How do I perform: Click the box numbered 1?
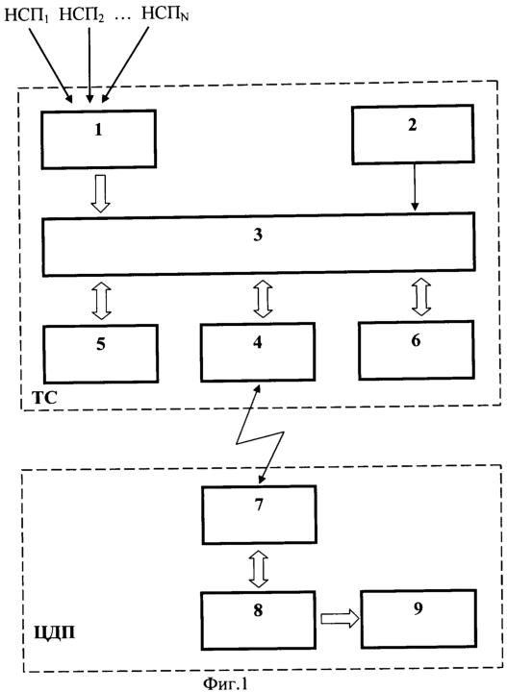click(99, 139)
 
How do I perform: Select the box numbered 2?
click(413, 135)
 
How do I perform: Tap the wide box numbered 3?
click(259, 244)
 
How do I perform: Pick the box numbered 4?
click(258, 352)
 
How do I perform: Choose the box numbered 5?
click(101, 354)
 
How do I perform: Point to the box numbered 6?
click(417, 350)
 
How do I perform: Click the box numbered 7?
click(259, 514)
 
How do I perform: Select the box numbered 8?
click(259, 621)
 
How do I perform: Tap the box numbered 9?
click(418, 619)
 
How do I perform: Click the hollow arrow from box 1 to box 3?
click(101, 194)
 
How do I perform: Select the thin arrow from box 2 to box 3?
click(415, 187)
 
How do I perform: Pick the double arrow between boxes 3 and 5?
click(101, 301)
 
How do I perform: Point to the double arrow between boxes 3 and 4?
click(263, 299)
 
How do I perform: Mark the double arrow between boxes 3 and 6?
click(421, 297)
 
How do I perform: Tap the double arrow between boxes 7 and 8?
click(259, 568)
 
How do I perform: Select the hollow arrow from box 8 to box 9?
click(340, 619)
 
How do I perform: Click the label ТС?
click(45, 398)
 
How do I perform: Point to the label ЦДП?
click(55, 633)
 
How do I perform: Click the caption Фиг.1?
click(225, 683)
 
